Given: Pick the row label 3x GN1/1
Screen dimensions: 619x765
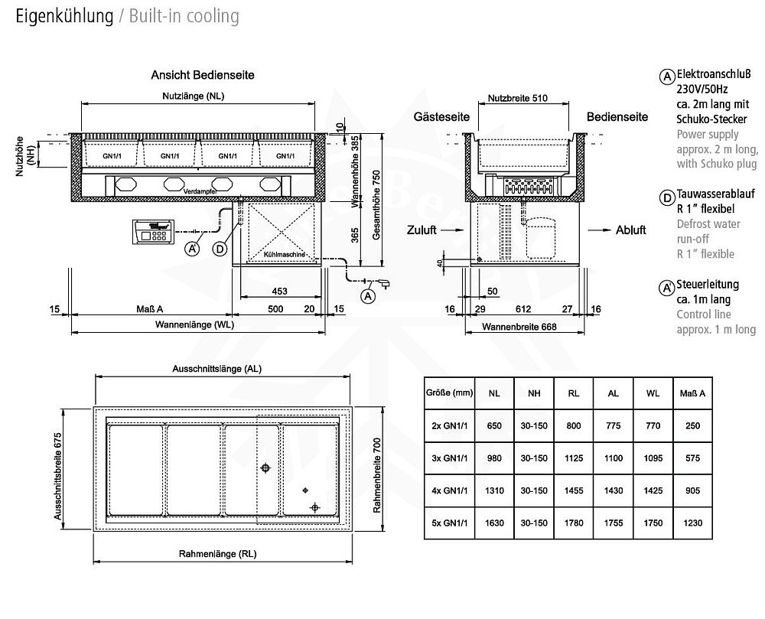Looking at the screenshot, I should tap(449, 458).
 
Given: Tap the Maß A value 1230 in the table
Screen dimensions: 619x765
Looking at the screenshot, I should tap(692, 524).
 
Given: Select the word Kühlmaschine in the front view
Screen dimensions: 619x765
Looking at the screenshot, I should tap(285, 253).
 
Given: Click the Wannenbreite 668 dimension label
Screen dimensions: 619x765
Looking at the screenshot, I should tap(519, 327).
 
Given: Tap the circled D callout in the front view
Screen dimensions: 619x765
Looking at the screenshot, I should tap(220, 248).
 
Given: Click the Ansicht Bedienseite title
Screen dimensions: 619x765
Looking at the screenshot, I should tap(202, 75).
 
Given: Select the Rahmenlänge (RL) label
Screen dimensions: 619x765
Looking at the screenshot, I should tap(218, 553).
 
